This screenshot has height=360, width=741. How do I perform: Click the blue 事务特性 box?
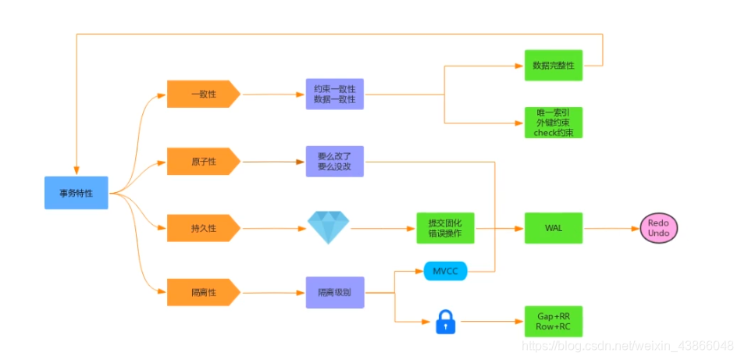76,193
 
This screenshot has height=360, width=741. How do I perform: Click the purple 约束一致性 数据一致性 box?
334,94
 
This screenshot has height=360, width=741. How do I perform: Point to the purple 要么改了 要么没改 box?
334,162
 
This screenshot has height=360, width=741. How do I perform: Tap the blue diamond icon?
328,227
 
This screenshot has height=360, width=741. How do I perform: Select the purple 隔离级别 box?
334,293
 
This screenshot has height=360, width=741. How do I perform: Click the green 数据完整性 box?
553,66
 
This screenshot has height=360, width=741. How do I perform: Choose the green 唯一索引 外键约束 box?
553,123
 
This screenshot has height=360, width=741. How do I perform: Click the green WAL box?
553,228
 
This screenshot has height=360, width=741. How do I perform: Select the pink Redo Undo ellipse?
658,228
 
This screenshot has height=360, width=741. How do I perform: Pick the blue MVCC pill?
445,272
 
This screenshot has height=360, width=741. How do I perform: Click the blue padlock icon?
445,321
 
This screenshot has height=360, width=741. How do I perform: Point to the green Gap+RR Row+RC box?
553,321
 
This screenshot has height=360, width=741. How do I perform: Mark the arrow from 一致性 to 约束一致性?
273,94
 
